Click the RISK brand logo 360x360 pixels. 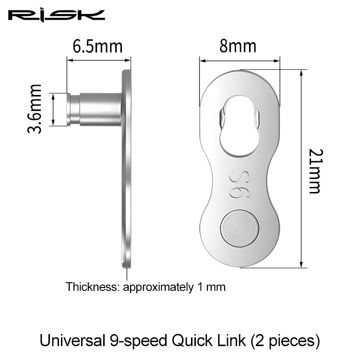click(x=57, y=15)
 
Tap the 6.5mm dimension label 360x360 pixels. click(x=98, y=47)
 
